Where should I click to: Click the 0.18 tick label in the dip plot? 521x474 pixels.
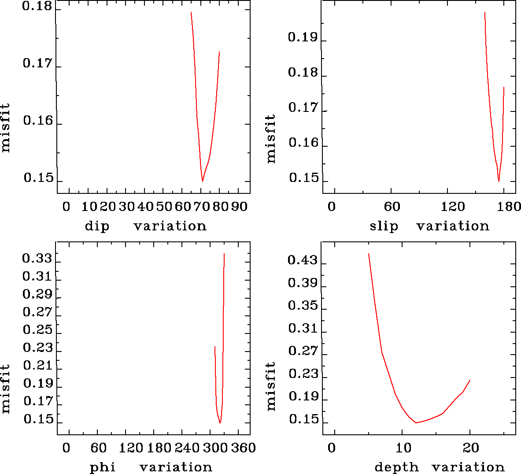pos(37,7)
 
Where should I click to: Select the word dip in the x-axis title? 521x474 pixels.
pos(97,226)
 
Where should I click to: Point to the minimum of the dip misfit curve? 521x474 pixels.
pos(203,181)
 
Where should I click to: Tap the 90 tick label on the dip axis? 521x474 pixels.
pos(239,207)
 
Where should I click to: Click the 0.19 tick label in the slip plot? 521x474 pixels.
pos(303,37)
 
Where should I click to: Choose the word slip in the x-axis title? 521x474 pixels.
pos(384,226)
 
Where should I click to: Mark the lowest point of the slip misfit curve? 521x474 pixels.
pos(499,181)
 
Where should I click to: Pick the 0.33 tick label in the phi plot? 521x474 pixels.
pos(37,258)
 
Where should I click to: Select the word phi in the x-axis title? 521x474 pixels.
pos(103,467)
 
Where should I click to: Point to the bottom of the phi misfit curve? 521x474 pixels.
pos(220,423)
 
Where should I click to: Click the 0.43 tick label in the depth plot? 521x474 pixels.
pos(303,260)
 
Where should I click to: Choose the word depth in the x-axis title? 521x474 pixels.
pos(396,467)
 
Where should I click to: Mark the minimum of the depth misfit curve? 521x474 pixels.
pos(416,423)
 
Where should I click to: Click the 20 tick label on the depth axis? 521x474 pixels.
pos(471,448)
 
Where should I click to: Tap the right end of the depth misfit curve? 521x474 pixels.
pos(470,380)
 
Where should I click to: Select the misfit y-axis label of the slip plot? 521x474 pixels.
pos(270,139)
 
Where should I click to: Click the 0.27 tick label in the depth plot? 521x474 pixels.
pos(303,351)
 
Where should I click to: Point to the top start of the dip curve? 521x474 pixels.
pos(191,12)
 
